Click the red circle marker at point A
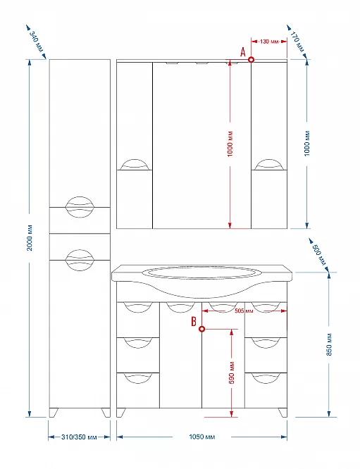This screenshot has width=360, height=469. coord(252,60)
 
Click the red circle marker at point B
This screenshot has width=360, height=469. coord(202,329)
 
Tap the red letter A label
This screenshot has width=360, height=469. coord(243,52)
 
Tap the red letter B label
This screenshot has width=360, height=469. coord(194,322)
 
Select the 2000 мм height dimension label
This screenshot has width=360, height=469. coord(30,237)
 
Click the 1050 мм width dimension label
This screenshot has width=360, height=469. coord(202,437)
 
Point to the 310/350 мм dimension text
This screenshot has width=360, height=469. coord(79,437)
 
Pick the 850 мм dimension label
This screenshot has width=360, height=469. coord(329,344)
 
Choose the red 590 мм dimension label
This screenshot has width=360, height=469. coord(232,373)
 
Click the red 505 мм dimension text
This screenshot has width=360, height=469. coord(244,311)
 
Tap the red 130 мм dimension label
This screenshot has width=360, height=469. coord(269,42)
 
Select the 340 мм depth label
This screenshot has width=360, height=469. coord(37,42)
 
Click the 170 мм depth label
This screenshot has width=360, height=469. coord(297,42)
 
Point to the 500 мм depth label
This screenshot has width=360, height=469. coord(318,255)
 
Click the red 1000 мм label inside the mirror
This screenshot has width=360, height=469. coord(230,144)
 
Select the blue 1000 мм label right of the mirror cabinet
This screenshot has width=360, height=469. coord(307,144)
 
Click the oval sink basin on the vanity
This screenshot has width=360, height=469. coord(202,273)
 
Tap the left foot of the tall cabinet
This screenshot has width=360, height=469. coord(54,413)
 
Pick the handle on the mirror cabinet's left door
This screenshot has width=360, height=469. coord(135,165)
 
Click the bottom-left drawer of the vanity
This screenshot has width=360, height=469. coord(138,390)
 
